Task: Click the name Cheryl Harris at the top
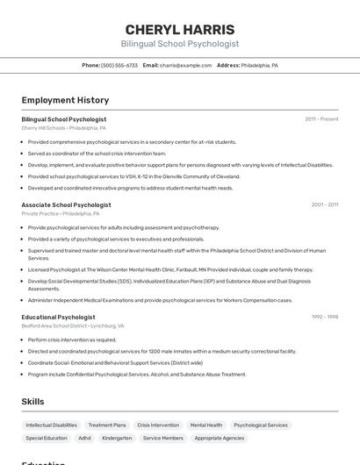coord(179,29)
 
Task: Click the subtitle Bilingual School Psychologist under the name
coord(179,44)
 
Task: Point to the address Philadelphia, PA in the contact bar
coord(259,65)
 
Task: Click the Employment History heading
coord(65,100)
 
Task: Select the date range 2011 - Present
coord(321,118)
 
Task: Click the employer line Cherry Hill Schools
coord(63,127)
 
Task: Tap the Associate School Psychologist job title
coord(66,204)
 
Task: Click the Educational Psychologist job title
coord(58,317)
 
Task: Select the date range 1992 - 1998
coord(324,317)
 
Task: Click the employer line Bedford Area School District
coord(72,325)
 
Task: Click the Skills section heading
coord(32,401)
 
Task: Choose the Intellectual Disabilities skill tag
coord(51,425)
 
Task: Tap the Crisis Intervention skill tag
coord(158,425)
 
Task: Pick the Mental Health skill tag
coord(206,425)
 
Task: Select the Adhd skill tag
coord(84,438)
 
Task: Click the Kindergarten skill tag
coord(117,438)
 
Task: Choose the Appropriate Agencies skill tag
coord(220,438)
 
